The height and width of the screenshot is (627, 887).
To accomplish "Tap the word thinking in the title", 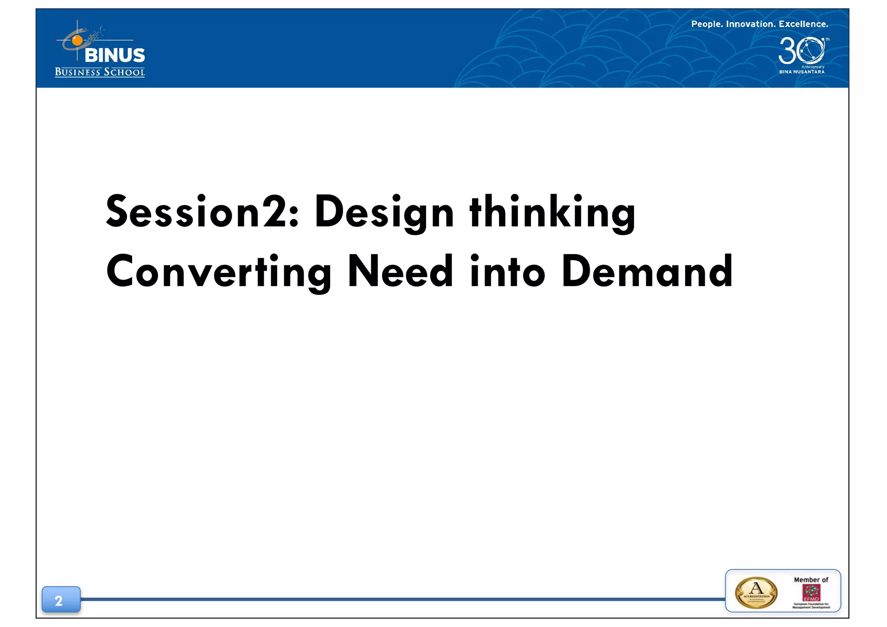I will (552, 212).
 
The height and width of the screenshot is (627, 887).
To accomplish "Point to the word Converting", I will (219, 272).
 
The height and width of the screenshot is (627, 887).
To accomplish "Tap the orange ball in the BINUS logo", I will (77, 41).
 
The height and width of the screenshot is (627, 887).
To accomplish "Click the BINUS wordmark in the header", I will (115, 55).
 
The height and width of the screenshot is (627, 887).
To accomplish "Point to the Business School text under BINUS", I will (100, 72).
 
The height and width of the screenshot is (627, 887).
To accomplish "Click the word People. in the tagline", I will (707, 24).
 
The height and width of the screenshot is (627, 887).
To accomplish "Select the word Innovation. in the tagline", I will (751, 24).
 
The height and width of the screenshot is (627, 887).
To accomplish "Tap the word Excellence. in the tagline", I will (803, 24).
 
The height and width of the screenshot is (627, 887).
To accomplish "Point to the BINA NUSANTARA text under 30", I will (802, 72).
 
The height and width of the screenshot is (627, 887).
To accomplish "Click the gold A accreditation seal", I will (756, 592).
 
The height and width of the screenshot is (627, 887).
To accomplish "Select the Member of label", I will (811, 579).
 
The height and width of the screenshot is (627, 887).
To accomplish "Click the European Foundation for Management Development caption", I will (811, 605).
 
